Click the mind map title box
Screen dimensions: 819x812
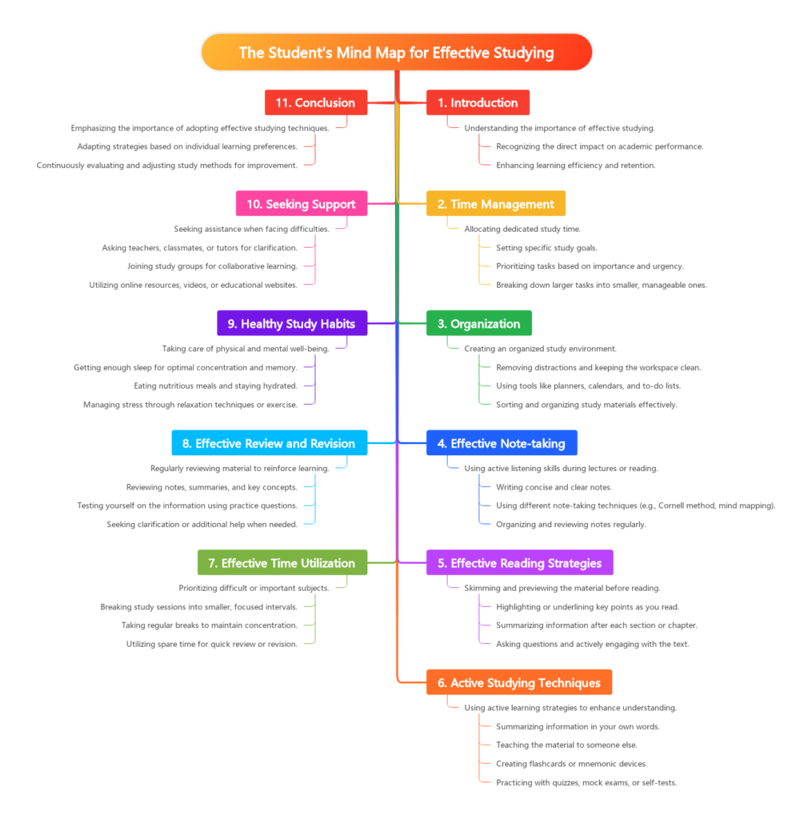point(396,53)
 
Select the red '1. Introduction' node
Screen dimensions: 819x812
point(478,102)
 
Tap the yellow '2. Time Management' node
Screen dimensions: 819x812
point(495,204)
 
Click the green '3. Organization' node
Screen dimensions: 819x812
point(478,324)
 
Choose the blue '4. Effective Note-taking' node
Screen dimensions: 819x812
point(501,443)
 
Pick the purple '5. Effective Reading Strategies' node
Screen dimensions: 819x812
point(519,563)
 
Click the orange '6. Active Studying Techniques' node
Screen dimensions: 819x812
point(518,683)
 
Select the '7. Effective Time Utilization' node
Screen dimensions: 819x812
point(282,563)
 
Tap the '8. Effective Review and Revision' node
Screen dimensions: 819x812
point(270,443)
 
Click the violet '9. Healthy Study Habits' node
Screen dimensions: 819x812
point(292,324)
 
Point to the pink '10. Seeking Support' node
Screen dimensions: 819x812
point(302,204)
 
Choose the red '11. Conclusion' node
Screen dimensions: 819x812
point(316,102)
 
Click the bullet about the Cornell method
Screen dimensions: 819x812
point(635,505)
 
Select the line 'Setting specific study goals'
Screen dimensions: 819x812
point(546,248)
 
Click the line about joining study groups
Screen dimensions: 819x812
point(212,266)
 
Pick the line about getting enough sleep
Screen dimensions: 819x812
point(186,368)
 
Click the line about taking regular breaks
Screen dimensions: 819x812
point(210,625)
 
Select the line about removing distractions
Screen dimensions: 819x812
point(598,368)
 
